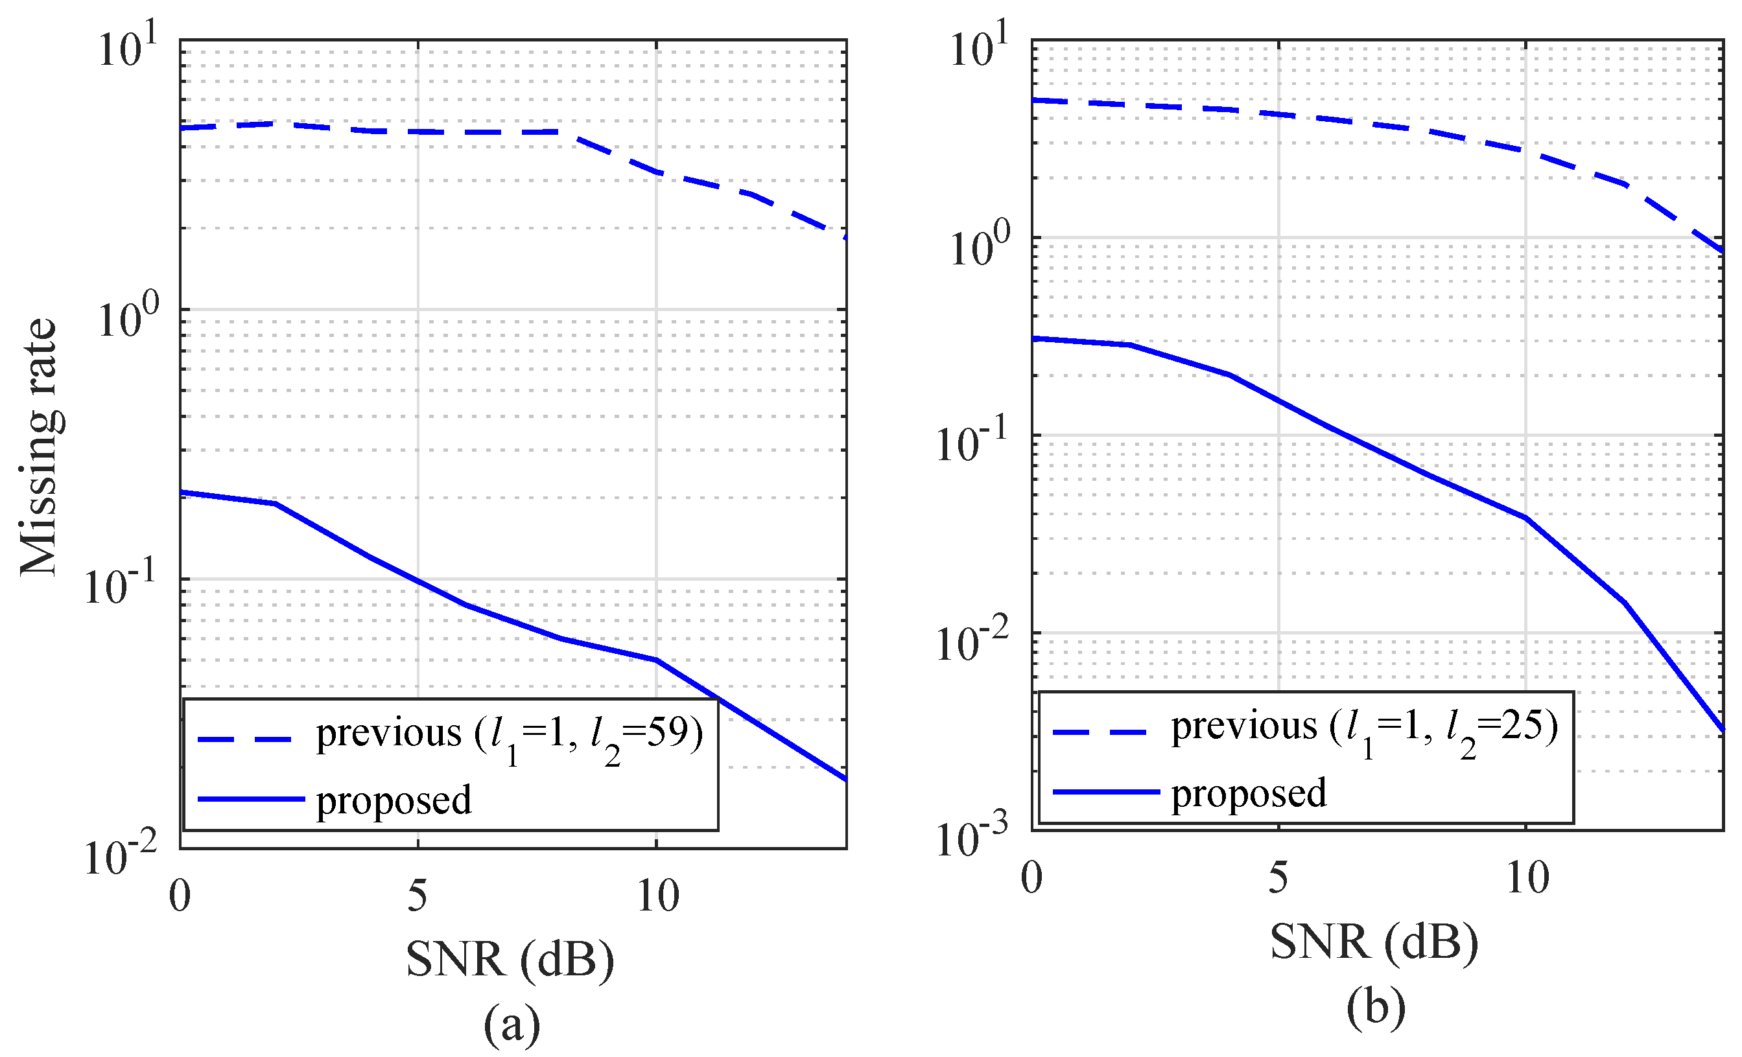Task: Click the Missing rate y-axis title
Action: pyautogui.click(x=38, y=447)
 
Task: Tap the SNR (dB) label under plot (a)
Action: pyautogui.click(x=510, y=960)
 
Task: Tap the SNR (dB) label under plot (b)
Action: pyautogui.click(x=1374, y=942)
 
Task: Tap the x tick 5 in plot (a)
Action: pyautogui.click(x=417, y=896)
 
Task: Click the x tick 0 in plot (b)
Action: pyautogui.click(x=1031, y=879)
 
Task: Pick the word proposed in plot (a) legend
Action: pyautogui.click(x=393, y=800)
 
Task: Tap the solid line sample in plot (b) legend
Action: pyautogui.click(x=1106, y=792)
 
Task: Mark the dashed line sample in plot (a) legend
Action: pyautogui.click(x=244, y=739)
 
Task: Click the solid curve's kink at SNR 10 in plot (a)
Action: pyautogui.click(x=656, y=660)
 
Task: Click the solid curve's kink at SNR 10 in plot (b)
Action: pyautogui.click(x=1526, y=518)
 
